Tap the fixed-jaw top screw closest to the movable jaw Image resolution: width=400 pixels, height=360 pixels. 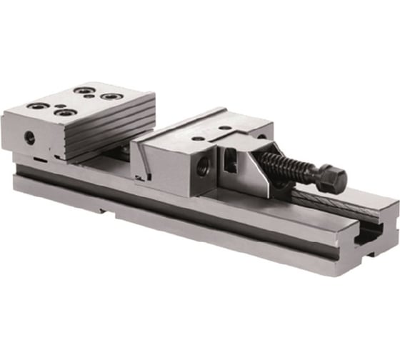coord(109,96)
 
